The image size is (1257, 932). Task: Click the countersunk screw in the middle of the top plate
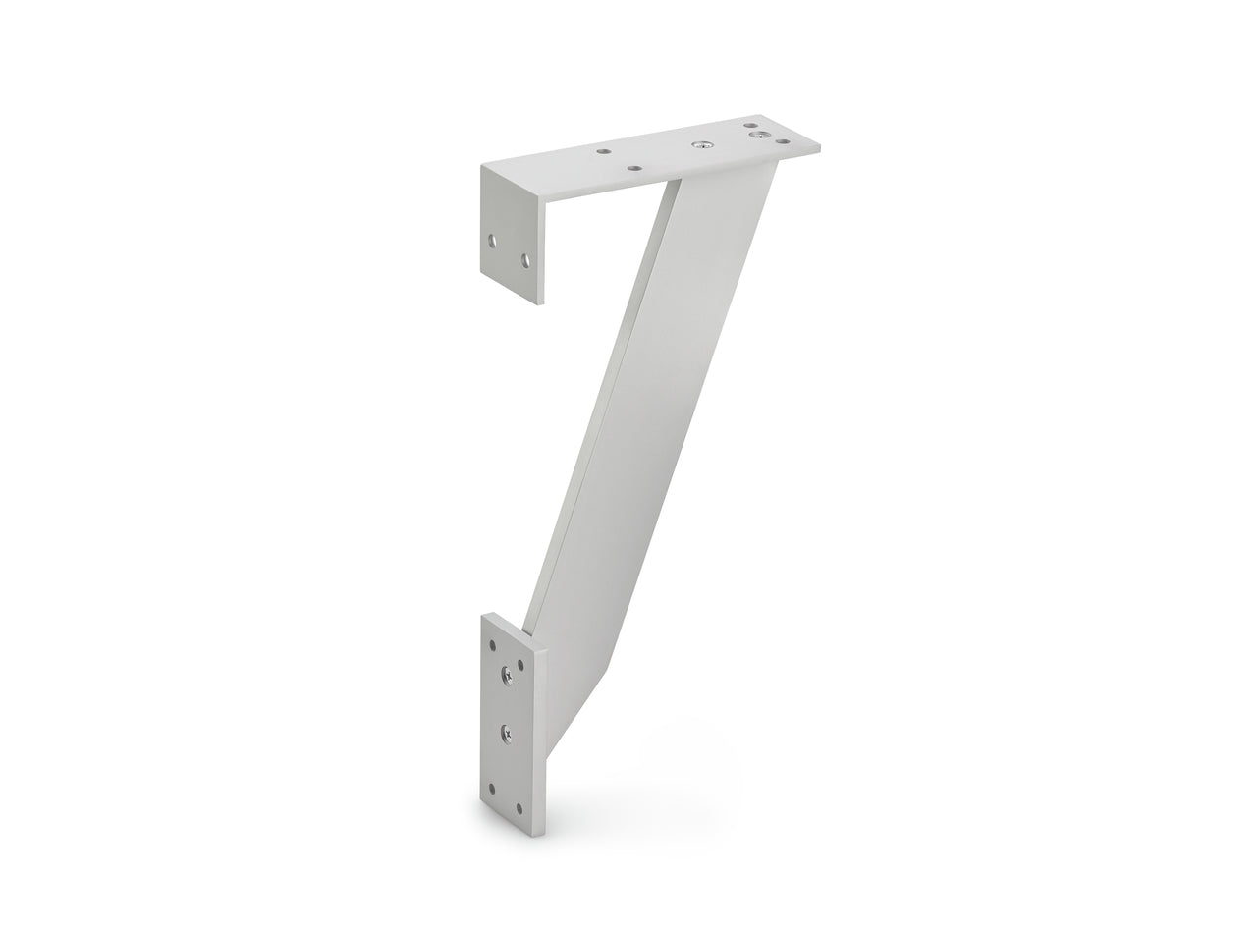(702, 144)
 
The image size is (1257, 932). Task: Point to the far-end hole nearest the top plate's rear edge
(750, 125)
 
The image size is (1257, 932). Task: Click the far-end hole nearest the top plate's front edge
(783, 141)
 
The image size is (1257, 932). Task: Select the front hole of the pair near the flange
(634, 168)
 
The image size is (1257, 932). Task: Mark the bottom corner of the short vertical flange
(540, 303)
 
